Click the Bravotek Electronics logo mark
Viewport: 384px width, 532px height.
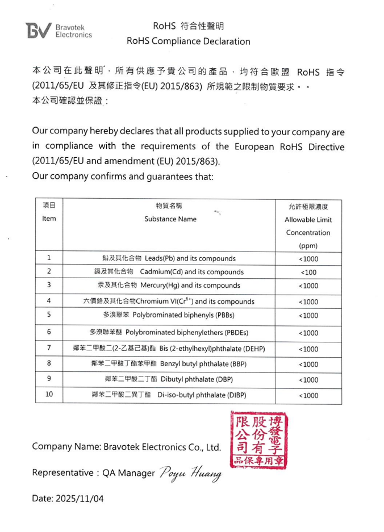(39, 31)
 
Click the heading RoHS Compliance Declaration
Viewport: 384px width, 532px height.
(188, 41)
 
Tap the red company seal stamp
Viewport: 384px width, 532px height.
(258, 441)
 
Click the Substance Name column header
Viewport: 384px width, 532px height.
(170, 219)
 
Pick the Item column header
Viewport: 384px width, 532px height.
(49, 219)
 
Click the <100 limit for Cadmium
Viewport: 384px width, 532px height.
(308, 272)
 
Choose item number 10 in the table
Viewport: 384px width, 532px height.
(49, 395)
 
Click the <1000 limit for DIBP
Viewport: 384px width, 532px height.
(308, 396)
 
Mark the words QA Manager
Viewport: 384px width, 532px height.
(128, 473)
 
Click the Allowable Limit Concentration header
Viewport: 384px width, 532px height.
(308, 226)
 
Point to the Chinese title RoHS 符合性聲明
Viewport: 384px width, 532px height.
(188, 26)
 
